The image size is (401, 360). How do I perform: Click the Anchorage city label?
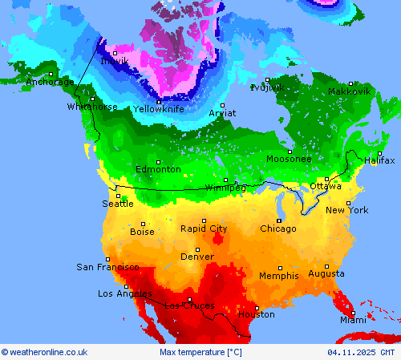(50, 82)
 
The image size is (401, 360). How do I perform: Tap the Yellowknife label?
(159, 109)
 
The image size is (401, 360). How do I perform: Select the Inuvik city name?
(114, 61)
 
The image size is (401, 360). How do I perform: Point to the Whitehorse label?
(92, 107)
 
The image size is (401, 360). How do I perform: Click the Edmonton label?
(158, 169)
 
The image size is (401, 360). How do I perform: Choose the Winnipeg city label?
(225, 188)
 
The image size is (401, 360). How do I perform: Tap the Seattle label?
(118, 204)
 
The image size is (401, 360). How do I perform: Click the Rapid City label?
(203, 229)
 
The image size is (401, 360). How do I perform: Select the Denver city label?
(197, 257)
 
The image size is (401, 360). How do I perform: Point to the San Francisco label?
(107, 267)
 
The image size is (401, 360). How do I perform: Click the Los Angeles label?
(124, 293)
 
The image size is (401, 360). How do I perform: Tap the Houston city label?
(256, 314)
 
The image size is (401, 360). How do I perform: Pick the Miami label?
(352, 320)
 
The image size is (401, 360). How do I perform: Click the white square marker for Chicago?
(278, 220)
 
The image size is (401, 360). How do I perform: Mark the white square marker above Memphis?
(279, 268)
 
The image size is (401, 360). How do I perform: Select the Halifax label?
(379, 160)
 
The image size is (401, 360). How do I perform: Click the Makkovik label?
(350, 91)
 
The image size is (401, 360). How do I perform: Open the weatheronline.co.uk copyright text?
(44, 352)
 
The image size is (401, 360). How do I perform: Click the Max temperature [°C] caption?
(200, 352)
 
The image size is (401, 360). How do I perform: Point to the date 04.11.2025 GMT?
(361, 352)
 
